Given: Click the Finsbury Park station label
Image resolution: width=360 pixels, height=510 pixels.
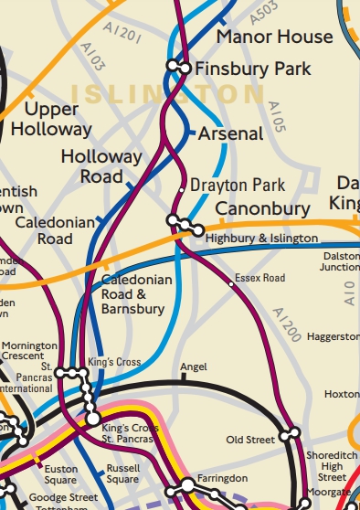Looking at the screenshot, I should pyautogui.click(x=254, y=69).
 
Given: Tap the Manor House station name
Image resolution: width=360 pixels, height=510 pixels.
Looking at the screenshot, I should pyautogui.click(x=274, y=37).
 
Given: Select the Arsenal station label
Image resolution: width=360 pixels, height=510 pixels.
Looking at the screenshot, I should pyautogui.click(x=231, y=133).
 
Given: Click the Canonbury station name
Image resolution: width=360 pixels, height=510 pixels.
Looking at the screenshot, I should pyautogui.click(x=262, y=209).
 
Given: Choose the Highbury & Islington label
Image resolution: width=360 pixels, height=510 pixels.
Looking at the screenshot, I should pyautogui.click(x=262, y=238).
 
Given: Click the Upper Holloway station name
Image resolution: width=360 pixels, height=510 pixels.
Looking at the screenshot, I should pyautogui.click(x=51, y=120).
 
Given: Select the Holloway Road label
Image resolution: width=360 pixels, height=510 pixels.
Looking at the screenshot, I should pyautogui.click(x=101, y=166).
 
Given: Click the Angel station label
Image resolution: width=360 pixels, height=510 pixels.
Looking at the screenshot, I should pyautogui.click(x=194, y=367).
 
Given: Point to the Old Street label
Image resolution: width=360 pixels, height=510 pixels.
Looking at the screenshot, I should pyautogui.click(x=249, y=440).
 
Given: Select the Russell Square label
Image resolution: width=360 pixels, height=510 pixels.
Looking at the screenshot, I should pyautogui.click(x=122, y=473).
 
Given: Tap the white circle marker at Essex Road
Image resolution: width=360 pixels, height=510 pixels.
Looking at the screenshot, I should pyautogui.click(x=231, y=284).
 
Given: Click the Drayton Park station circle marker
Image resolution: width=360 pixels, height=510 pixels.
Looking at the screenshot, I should pyautogui.click(x=182, y=189).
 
